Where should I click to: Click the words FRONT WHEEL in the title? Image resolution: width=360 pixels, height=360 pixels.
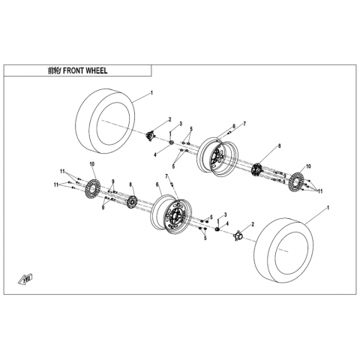85,70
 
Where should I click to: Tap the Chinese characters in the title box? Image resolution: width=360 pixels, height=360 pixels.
53,70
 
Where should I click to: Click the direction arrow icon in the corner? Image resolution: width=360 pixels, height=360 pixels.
25,279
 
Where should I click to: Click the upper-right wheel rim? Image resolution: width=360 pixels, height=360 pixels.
217,157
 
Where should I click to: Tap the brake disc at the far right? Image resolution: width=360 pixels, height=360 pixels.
296,181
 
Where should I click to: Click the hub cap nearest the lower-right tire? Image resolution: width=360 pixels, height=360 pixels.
238,235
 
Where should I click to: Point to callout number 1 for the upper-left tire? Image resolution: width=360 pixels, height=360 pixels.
151,93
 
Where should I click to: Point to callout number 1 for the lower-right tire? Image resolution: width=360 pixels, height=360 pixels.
328,208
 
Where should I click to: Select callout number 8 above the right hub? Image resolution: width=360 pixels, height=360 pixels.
279,146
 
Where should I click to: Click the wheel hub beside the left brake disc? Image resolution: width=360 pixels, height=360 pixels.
131,202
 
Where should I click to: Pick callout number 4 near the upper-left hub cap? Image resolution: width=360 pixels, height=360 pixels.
155,155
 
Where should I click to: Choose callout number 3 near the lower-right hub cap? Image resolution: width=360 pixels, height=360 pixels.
225,214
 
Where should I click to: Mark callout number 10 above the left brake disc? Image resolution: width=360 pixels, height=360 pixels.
92,164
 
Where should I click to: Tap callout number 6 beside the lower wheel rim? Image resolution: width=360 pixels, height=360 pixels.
157,184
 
